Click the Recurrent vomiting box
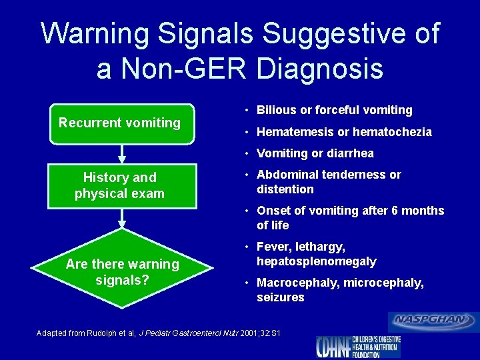[x=120, y=123]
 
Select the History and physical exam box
[x=120, y=185]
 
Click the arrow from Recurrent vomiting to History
[x=122, y=154]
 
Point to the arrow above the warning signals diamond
[x=122, y=219]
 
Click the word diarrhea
[x=350, y=153]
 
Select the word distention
[x=285, y=189]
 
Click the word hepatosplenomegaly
[x=317, y=261]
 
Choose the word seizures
[x=281, y=297]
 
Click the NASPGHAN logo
[x=433, y=321]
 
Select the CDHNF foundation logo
[x=359, y=346]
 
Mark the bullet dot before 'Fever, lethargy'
[x=247, y=247]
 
